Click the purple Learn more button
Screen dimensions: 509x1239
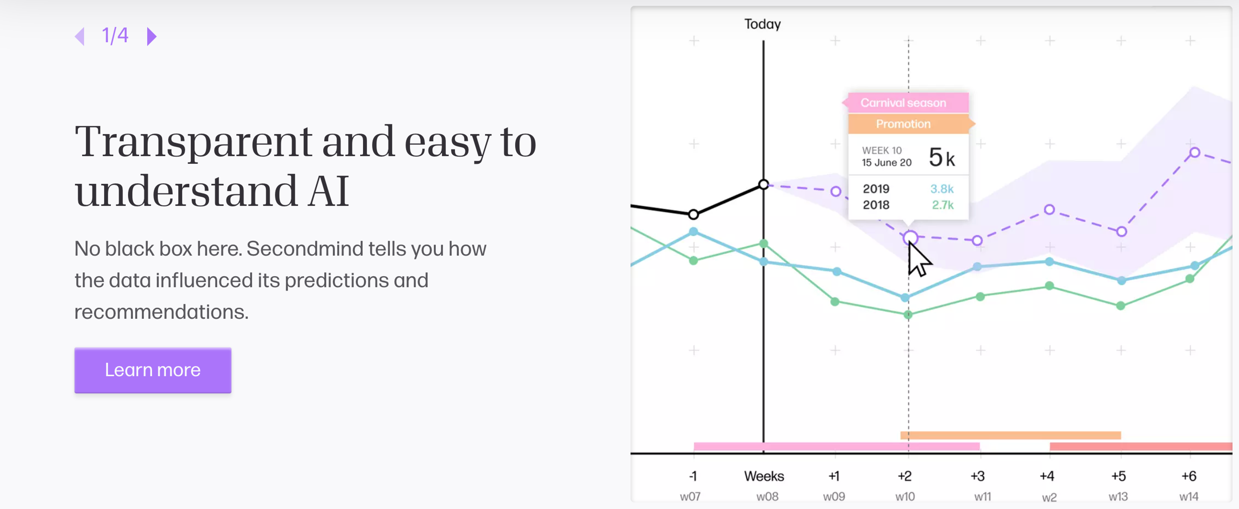153,370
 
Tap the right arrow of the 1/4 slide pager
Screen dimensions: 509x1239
152,36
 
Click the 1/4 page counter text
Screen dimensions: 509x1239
115,35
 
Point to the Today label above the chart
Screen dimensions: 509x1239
762,24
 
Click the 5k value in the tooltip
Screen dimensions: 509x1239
941,158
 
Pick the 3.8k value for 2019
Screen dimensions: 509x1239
941,189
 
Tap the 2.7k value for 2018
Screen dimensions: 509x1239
942,205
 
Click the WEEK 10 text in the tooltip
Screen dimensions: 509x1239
881,150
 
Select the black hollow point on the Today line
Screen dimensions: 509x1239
763,185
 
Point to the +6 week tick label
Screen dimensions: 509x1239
1188,476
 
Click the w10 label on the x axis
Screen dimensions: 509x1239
905,496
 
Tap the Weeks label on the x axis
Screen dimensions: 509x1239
764,476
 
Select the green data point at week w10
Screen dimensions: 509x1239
908,315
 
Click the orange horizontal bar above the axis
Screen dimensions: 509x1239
1010,435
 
